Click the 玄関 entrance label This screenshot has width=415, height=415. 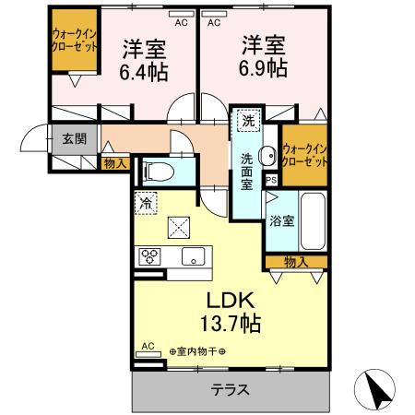(x=75, y=139)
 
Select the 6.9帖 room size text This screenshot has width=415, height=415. (x=263, y=68)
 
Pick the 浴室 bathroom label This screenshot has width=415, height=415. (x=281, y=221)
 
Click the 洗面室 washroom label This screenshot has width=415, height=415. (x=247, y=171)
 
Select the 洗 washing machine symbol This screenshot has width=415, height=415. (x=247, y=121)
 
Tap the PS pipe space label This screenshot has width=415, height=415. (x=271, y=181)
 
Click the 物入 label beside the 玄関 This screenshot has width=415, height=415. (x=117, y=164)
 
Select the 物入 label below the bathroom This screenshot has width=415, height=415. (x=296, y=263)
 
